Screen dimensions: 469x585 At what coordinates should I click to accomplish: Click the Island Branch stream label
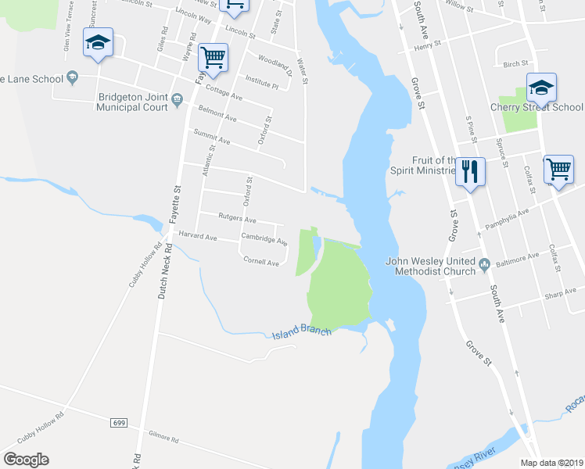302,334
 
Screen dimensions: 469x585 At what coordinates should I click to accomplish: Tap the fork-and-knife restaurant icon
469,171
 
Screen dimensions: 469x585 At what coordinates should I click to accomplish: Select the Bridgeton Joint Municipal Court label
133,102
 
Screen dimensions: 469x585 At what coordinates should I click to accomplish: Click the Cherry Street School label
537,107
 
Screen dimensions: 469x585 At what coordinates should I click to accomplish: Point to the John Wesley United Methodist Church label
430,267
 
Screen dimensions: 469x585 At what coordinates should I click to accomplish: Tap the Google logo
26,460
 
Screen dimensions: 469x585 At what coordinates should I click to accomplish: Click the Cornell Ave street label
261,263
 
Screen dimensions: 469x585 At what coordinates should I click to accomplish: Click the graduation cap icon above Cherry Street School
541,86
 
